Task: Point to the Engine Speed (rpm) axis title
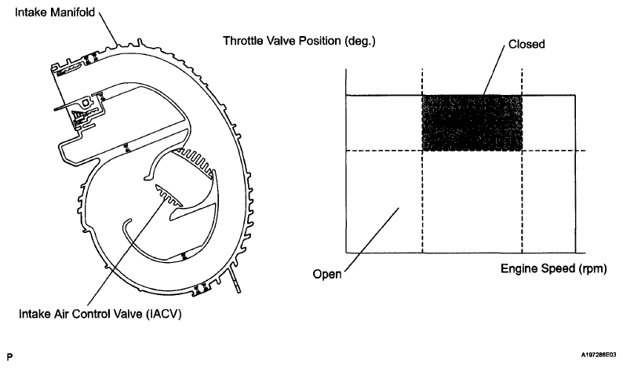pos(553,268)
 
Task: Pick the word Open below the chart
pos(326,275)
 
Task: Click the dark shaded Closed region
pos(472,122)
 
